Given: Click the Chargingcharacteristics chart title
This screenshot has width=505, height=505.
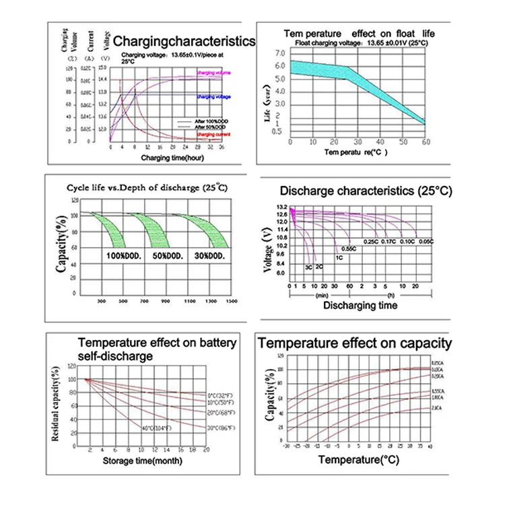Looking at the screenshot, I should click(x=184, y=41).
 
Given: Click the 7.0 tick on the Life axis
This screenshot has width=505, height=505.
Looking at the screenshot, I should click(x=278, y=52).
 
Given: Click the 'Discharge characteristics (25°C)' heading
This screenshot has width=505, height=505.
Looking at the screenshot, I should click(x=365, y=191).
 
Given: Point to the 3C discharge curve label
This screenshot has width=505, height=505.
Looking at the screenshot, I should click(x=308, y=267).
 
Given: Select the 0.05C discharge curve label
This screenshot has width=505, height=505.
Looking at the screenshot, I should click(x=425, y=241).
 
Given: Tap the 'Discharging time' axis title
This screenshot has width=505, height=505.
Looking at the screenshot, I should click(x=360, y=306).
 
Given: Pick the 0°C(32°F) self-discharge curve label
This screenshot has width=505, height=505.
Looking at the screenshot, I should click(x=220, y=394).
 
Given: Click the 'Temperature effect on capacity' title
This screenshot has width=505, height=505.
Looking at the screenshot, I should click(x=356, y=344).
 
